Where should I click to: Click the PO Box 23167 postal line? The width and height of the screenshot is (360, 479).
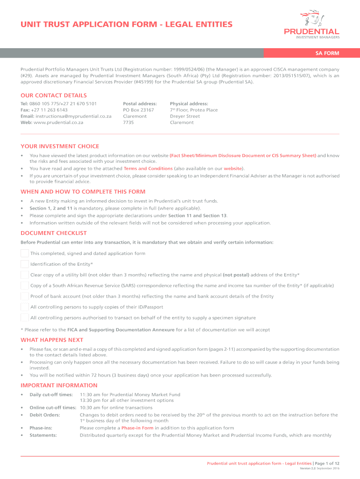(x=138, y=110)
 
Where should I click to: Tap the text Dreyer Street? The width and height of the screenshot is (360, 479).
(x=185, y=116)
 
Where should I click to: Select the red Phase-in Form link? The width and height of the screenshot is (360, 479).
(x=137, y=428)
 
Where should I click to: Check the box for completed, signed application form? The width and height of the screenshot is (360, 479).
(x=25, y=254)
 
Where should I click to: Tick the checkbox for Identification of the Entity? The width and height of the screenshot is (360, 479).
(x=25, y=264)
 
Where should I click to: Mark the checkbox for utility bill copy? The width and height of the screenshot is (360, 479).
(x=25, y=275)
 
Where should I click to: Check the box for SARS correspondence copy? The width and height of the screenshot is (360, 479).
(x=25, y=285)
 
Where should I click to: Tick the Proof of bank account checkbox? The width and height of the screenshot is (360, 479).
(x=25, y=296)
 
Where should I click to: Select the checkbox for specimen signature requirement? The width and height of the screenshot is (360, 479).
(x=25, y=318)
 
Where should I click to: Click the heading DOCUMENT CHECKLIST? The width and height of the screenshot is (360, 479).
(x=54, y=233)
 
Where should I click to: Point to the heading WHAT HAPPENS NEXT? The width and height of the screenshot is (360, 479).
(x=52, y=340)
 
